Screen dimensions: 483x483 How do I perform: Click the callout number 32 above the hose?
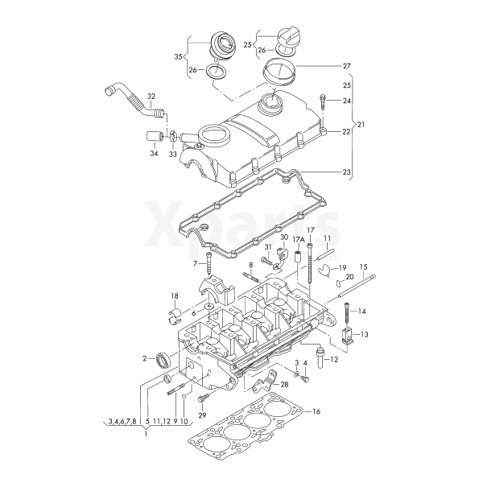(x=151, y=97)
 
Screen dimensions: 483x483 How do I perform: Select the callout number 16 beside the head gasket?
(x=316, y=411)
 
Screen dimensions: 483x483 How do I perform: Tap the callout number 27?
(x=347, y=66)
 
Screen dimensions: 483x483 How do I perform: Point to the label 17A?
(x=298, y=239)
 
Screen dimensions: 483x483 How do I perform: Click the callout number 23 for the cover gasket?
(x=347, y=172)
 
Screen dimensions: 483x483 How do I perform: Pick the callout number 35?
(x=179, y=56)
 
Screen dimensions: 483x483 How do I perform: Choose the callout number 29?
(x=202, y=415)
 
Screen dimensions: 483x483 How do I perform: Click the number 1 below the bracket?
(x=146, y=434)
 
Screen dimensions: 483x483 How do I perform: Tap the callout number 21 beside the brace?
(x=361, y=125)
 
